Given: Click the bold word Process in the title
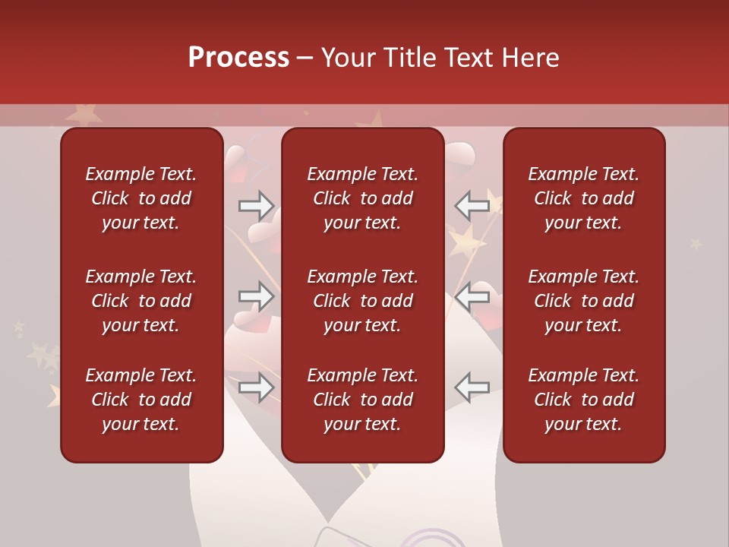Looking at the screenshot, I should pyautogui.click(x=238, y=58).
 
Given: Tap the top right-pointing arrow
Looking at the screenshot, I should pyautogui.click(x=256, y=204).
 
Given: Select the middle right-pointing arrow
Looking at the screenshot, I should pyautogui.click(x=256, y=296).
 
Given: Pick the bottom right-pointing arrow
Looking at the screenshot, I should pyautogui.click(x=256, y=387).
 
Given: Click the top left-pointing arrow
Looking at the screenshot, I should pyautogui.click(x=472, y=204).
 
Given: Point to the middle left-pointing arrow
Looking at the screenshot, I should pyautogui.click(x=472, y=296).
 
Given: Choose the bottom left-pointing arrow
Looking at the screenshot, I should pyautogui.click(x=472, y=387).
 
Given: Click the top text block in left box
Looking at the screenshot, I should pyautogui.click(x=141, y=198).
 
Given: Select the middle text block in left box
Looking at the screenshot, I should pyautogui.click(x=141, y=301).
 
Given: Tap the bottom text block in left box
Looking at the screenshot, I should pyautogui.click(x=141, y=400).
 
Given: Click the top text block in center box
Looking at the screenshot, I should pyautogui.click(x=362, y=198).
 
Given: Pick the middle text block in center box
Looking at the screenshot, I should pyautogui.click(x=362, y=301).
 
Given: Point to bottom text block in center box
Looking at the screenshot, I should pyautogui.click(x=362, y=400).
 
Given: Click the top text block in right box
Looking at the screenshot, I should pyautogui.click(x=583, y=198).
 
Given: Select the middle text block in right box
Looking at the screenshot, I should pyautogui.click(x=583, y=301).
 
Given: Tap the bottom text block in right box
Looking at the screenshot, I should pyautogui.click(x=583, y=400).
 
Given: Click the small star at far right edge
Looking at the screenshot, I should pyautogui.click(x=696, y=244).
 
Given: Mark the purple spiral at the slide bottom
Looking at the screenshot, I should pyautogui.click(x=434, y=539).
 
